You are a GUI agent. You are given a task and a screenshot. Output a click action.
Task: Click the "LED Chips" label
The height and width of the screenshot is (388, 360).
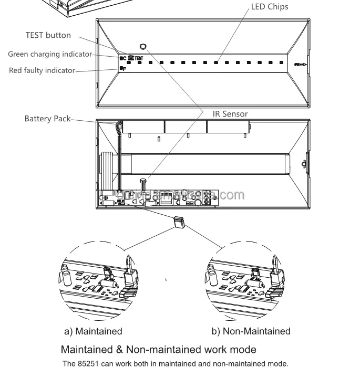(270, 7)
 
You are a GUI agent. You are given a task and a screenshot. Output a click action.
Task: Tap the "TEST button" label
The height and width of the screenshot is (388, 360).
(48, 35)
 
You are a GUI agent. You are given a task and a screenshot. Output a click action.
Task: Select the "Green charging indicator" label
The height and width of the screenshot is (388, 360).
(50, 54)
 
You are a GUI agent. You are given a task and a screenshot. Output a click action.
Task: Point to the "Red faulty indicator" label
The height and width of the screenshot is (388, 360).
(42, 70)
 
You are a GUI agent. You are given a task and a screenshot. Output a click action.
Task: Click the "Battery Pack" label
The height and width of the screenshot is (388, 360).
(47, 119)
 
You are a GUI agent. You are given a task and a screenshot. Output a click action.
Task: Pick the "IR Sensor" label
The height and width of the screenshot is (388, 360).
(230, 113)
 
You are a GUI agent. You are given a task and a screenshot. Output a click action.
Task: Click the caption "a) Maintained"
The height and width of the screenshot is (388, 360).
(93, 331)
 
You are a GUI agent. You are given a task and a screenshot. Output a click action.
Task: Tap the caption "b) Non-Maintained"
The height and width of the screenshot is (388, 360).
(251, 331)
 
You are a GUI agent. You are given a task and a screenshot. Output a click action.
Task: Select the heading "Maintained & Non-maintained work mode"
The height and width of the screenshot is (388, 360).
(159, 349)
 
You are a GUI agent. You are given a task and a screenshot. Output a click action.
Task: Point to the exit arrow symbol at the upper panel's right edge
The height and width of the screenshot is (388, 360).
(300, 65)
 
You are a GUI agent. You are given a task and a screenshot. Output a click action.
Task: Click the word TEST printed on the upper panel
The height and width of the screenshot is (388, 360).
(139, 58)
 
